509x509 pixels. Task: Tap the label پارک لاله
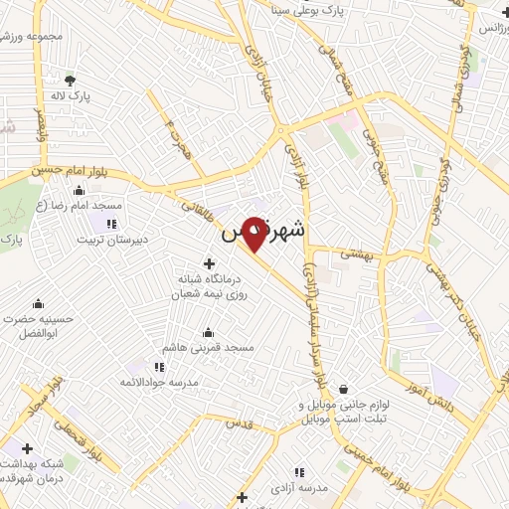pos(71,96)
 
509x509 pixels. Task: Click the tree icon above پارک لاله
pos(70,80)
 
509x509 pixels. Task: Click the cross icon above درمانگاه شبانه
pos(208,263)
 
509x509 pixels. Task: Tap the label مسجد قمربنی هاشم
pos(212,348)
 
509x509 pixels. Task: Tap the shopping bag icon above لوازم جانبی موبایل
pos(343,389)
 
